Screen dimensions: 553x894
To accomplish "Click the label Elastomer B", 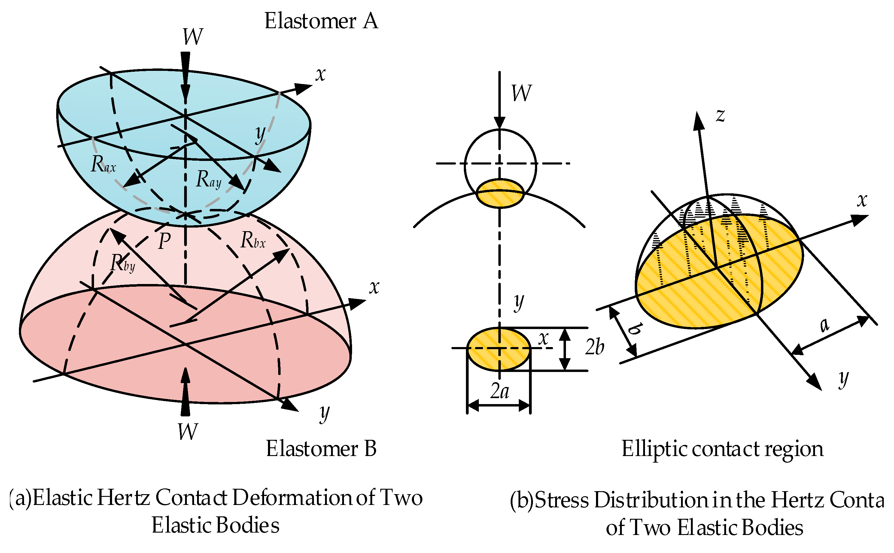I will [x=321, y=449].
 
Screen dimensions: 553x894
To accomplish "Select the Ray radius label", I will [x=208, y=179].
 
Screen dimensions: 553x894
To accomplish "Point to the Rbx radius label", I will [x=253, y=241].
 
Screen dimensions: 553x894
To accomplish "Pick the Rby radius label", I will [x=123, y=263].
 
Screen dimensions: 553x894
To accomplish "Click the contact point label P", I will [x=164, y=241].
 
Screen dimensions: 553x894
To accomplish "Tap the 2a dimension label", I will [x=500, y=391].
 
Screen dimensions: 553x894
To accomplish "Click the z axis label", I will [x=720, y=115].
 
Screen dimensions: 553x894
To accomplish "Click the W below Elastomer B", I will [x=187, y=432].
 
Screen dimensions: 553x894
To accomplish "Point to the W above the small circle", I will [x=521, y=93].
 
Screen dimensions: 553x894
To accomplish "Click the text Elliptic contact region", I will [x=722, y=449].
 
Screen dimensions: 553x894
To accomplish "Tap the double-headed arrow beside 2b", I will [x=565, y=349].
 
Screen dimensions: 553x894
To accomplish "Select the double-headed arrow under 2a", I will [x=499, y=405].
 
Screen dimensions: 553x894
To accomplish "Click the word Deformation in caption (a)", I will [x=292, y=498].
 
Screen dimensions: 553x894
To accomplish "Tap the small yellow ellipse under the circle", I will [x=500, y=193].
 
